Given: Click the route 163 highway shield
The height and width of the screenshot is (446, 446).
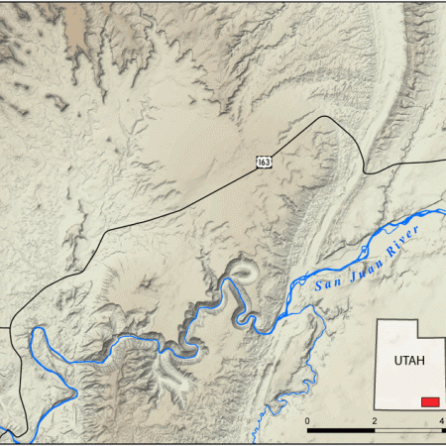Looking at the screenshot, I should [x=264, y=161].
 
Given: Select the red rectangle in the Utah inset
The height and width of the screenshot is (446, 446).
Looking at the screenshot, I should [x=430, y=401].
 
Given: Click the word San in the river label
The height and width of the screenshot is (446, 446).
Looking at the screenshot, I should [x=326, y=281].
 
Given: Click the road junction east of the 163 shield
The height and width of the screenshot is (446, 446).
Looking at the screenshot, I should [x=365, y=171].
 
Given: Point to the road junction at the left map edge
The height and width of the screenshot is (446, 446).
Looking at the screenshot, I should [x=12, y=327].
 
